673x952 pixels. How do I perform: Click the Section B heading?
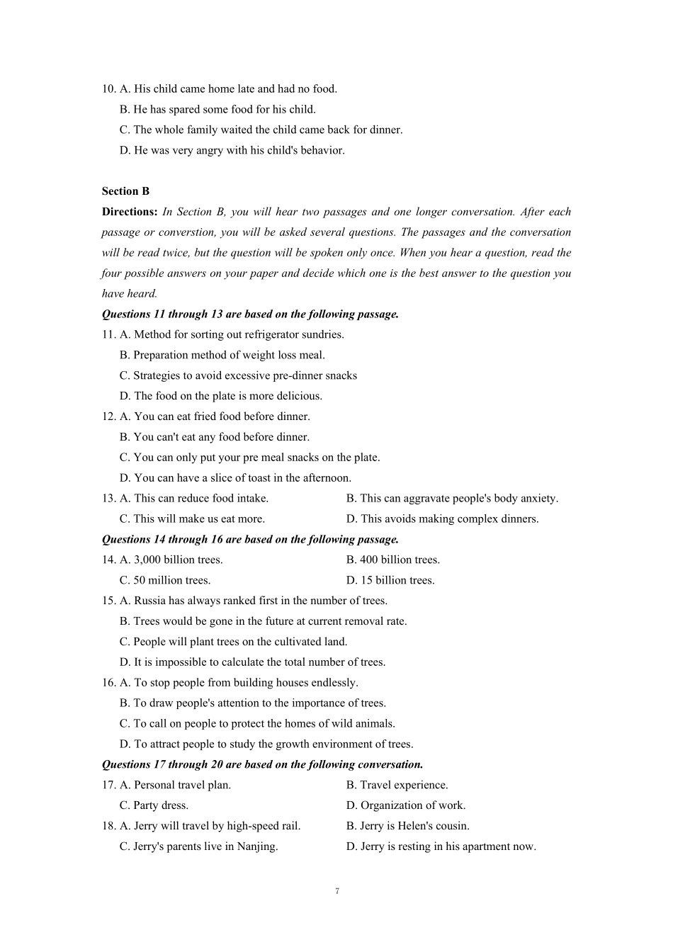coord(125,191)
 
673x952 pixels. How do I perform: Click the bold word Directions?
coord(129,212)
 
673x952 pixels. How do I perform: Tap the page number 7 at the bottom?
coord(336,891)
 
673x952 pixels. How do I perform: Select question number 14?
coord(108,560)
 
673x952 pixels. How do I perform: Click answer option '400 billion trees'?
coord(400,560)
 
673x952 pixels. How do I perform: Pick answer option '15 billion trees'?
coord(397,580)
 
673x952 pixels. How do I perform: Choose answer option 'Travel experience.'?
coord(404,785)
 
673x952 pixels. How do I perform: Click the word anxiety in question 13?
coord(539,499)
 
